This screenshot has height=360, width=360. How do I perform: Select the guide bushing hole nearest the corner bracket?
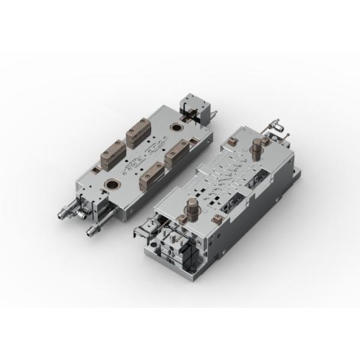tap(176, 127)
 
